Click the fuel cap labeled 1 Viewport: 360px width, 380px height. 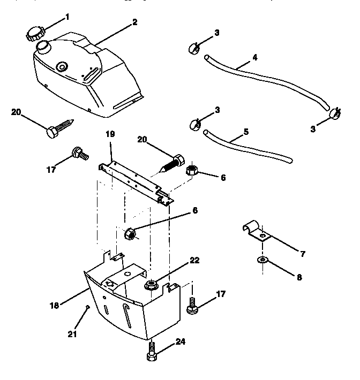(34, 34)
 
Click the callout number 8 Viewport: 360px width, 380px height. (299, 278)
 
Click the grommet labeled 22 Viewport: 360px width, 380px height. (152, 285)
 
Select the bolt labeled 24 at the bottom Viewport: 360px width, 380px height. (152, 354)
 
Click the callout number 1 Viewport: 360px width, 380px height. (67, 17)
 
